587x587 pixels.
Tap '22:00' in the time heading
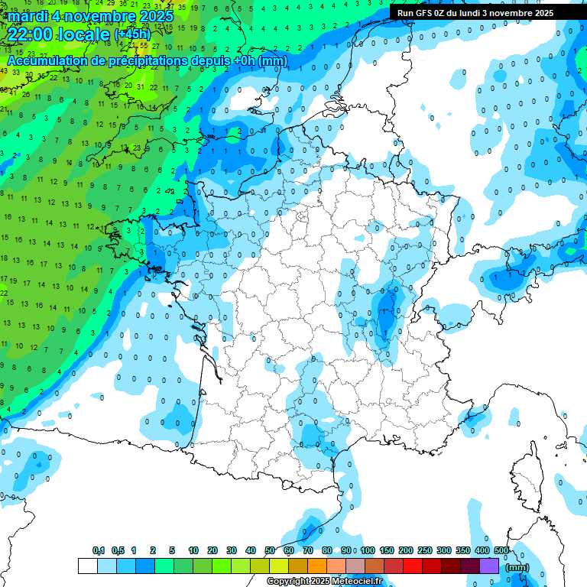coord(31,34)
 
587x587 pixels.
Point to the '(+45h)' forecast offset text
coord(132,34)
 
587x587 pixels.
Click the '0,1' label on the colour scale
coord(99,550)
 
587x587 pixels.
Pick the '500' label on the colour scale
coord(501,550)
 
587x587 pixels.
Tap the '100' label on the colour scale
coord(368,550)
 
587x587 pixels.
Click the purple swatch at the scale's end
coord(489,566)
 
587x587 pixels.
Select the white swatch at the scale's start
coord(88,566)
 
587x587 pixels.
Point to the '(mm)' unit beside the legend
coord(517,567)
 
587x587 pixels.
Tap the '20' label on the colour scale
coord(212,550)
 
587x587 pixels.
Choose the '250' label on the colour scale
coord(425,550)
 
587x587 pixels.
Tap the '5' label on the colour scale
coord(173,550)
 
